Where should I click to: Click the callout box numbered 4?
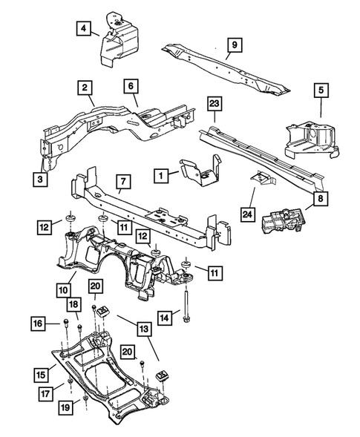pos(83,29)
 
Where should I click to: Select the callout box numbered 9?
pos(233,46)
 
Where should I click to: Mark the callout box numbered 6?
pos(131,88)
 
